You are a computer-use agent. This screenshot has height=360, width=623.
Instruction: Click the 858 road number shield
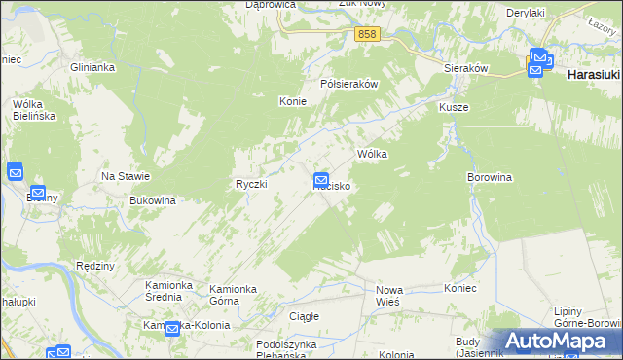point(366,34)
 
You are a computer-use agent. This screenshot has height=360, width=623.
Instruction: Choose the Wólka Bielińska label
point(34,109)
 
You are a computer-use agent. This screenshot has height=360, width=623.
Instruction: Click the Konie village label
point(293,101)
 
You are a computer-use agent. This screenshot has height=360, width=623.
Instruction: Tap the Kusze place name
point(454,107)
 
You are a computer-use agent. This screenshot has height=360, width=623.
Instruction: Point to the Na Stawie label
point(126,176)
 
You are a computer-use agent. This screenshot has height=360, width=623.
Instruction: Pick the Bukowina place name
point(152,200)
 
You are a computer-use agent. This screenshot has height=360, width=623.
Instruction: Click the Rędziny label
point(95,266)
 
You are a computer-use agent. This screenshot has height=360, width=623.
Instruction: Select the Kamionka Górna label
point(238,295)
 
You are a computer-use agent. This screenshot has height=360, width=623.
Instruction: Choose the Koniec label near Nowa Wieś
point(459,289)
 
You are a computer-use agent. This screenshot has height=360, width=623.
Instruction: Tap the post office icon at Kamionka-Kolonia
point(172,329)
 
